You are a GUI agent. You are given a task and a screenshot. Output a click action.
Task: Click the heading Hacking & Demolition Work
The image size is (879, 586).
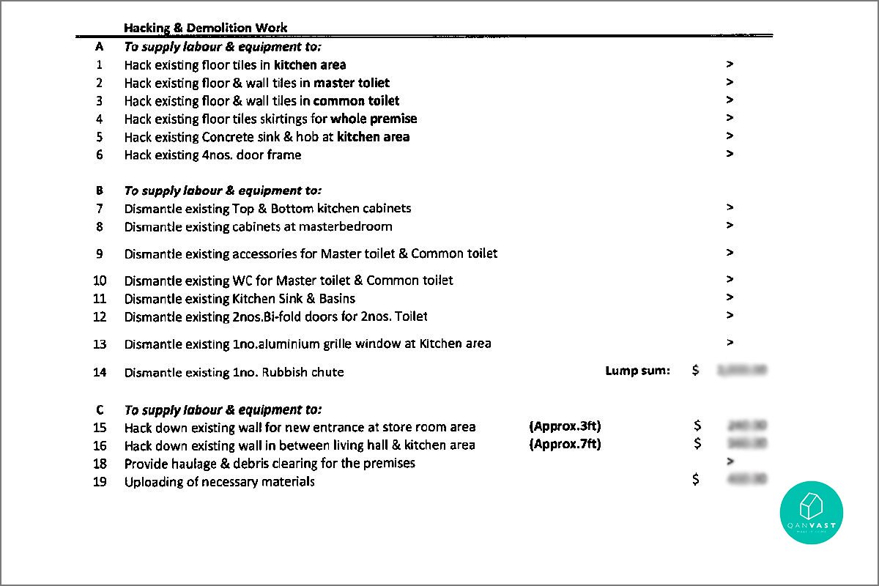[x=205, y=28]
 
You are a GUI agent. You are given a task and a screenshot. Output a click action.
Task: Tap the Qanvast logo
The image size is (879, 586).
[x=811, y=513]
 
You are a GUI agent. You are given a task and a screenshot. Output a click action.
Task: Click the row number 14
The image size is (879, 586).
[x=100, y=372]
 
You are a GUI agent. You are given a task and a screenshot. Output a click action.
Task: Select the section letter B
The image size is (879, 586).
[x=100, y=190]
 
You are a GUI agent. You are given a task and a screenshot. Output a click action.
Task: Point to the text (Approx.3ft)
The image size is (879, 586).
[x=565, y=426]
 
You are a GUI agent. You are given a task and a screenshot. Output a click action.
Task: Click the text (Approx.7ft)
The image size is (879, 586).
[x=565, y=444]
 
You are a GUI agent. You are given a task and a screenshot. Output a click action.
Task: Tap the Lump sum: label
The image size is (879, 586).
[x=637, y=371]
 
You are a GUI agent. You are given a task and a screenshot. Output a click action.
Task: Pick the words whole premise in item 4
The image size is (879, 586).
[x=374, y=119]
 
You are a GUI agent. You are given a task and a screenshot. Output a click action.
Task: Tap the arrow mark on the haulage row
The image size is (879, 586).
[x=729, y=461]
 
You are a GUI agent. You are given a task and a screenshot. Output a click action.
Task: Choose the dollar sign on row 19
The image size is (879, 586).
[x=696, y=479]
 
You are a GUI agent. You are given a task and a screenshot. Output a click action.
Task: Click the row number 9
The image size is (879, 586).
[x=100, y=253]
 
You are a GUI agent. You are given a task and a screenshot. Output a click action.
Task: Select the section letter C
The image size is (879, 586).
[x=100, y=409]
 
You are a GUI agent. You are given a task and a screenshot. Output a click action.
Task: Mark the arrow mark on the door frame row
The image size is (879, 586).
[x=730, y=154]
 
